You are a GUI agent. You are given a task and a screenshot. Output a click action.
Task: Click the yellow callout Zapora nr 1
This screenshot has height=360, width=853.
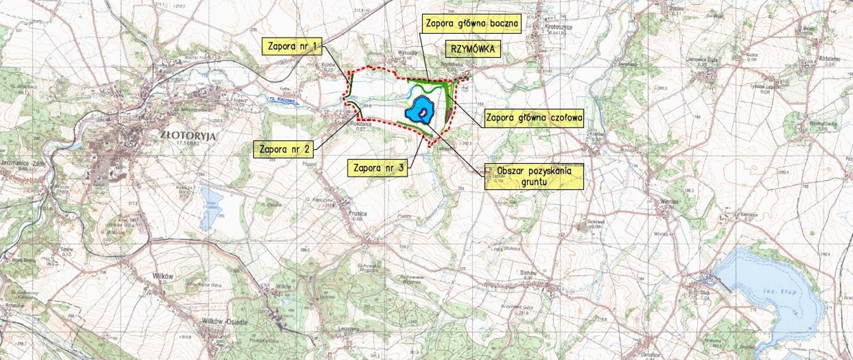(292, 46)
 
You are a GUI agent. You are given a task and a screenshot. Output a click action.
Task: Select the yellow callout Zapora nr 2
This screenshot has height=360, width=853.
(283, 149)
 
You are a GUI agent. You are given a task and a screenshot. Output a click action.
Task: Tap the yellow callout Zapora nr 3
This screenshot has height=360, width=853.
(379, 168)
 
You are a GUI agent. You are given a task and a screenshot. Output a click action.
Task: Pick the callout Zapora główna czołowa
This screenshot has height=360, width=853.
(534, 118)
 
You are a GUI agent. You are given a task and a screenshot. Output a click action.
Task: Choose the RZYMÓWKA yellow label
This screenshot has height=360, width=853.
(473, 49)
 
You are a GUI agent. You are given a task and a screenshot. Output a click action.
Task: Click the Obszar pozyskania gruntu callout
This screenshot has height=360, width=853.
(534, 176)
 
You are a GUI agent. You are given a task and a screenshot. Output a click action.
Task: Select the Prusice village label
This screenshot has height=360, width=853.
(358, 214)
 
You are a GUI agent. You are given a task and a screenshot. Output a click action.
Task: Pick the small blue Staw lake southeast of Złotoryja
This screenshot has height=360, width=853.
(210, 207)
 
